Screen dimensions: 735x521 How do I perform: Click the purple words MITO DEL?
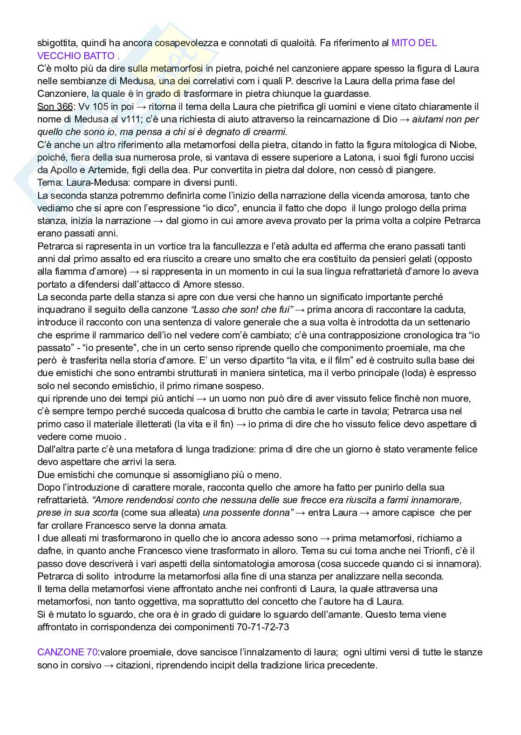(414, 43)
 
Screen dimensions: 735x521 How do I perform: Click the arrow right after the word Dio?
(405, 119)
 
